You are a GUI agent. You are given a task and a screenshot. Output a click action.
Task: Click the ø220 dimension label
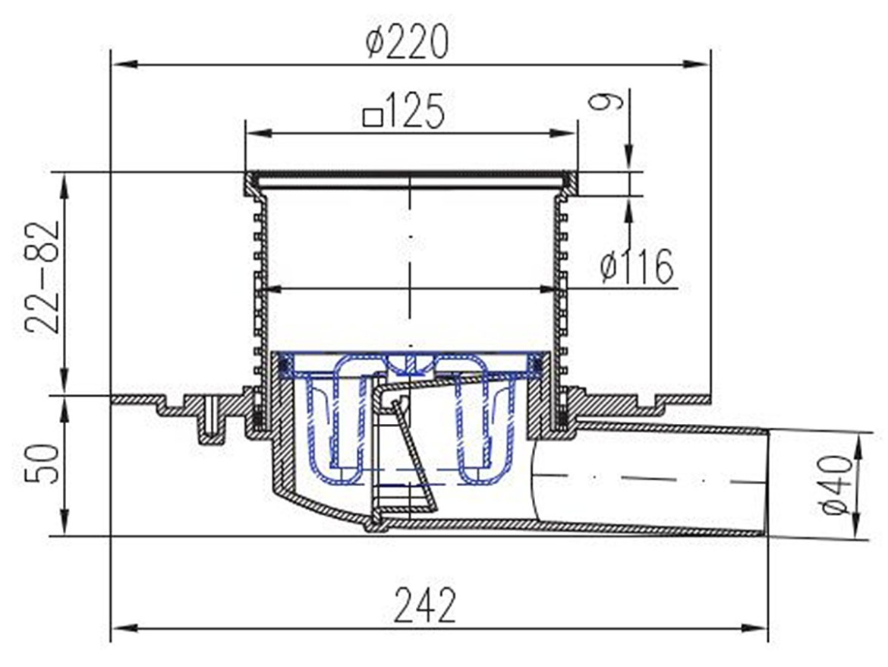click(x=407, y=41)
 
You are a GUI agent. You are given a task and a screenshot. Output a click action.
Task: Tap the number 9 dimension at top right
click(x=606, y=102)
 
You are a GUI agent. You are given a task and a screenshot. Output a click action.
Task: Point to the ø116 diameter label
click(x=637, y=267)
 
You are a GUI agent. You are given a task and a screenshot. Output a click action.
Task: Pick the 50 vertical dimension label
click(x=43, y=463)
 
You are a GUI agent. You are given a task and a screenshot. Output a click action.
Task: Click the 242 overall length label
click(x=425, y=605)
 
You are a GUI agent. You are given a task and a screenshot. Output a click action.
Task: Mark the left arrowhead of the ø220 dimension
click(x=124, y=64)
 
